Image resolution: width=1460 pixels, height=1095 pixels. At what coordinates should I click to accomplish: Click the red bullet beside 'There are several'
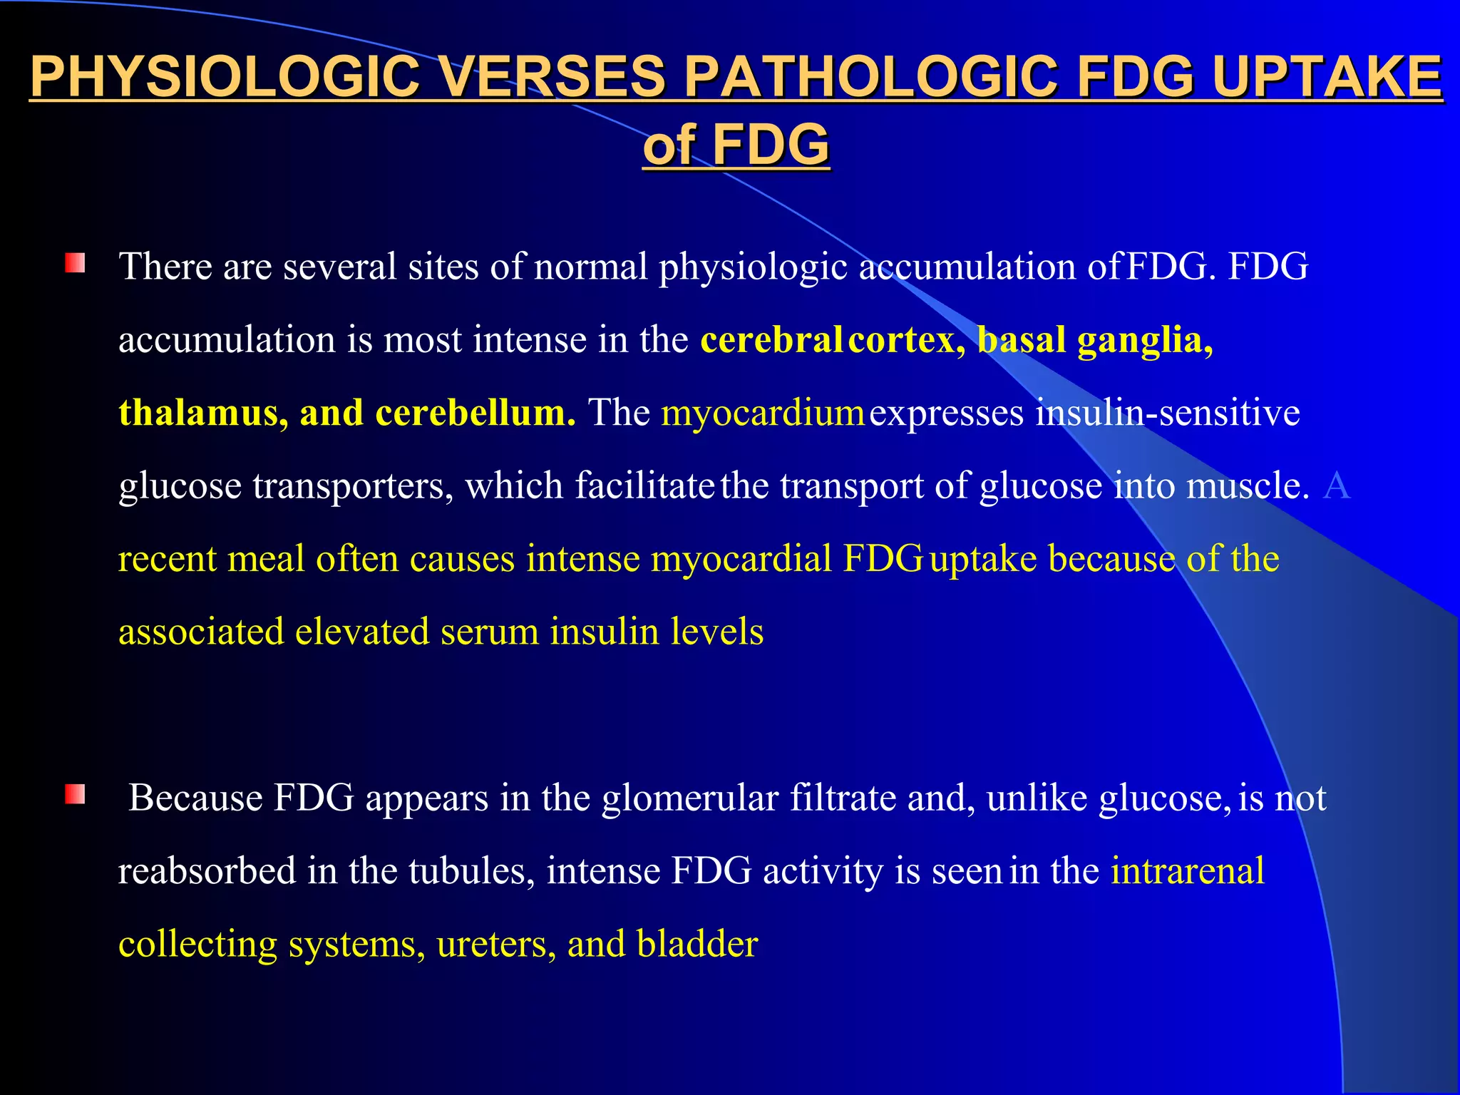[x=75, y=264]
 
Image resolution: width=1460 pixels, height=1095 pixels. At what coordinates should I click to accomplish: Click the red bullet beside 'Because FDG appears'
[x=75, y=794]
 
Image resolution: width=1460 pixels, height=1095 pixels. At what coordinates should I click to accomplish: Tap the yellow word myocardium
[x=763, y=413]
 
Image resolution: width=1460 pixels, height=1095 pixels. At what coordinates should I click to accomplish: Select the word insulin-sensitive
[x=1168, y=413]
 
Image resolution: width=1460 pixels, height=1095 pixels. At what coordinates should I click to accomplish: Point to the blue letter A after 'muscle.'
[x=1336, y=485]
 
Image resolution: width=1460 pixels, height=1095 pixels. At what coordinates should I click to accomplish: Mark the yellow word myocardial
[x=741, y=558]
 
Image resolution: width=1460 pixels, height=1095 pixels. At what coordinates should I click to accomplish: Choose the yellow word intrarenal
[x=1188, y=871]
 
